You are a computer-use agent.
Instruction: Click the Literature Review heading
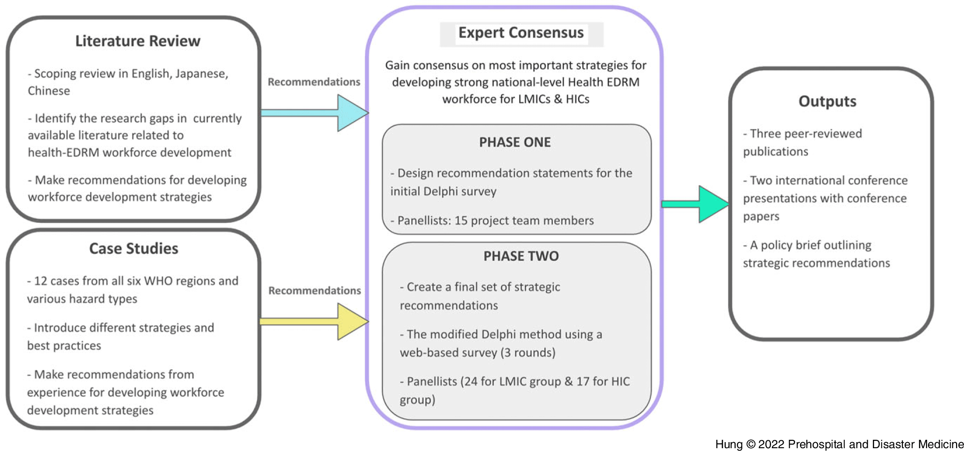coord(138,41)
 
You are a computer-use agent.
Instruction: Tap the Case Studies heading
coord(134,248)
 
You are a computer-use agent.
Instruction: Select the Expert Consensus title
coord(521,33)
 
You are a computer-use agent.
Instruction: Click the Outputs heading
coord(827,101)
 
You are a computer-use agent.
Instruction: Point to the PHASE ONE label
coord(515,142)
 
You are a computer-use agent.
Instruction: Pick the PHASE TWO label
coord(521,256)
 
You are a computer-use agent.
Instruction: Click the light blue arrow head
coord(351,113)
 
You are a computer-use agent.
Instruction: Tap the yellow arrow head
coord(351,322)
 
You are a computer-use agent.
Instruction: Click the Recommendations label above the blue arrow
coord(314,82)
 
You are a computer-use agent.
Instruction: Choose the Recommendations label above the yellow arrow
coord(314,291)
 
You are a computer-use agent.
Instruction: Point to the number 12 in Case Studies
coord(41,281)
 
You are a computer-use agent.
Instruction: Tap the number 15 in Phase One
coord(461,221)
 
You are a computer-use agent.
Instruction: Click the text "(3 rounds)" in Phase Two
coord(528,352)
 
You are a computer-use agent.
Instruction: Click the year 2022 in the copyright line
coord(771,444)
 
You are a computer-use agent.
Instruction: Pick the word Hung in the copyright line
coord(728,444)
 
